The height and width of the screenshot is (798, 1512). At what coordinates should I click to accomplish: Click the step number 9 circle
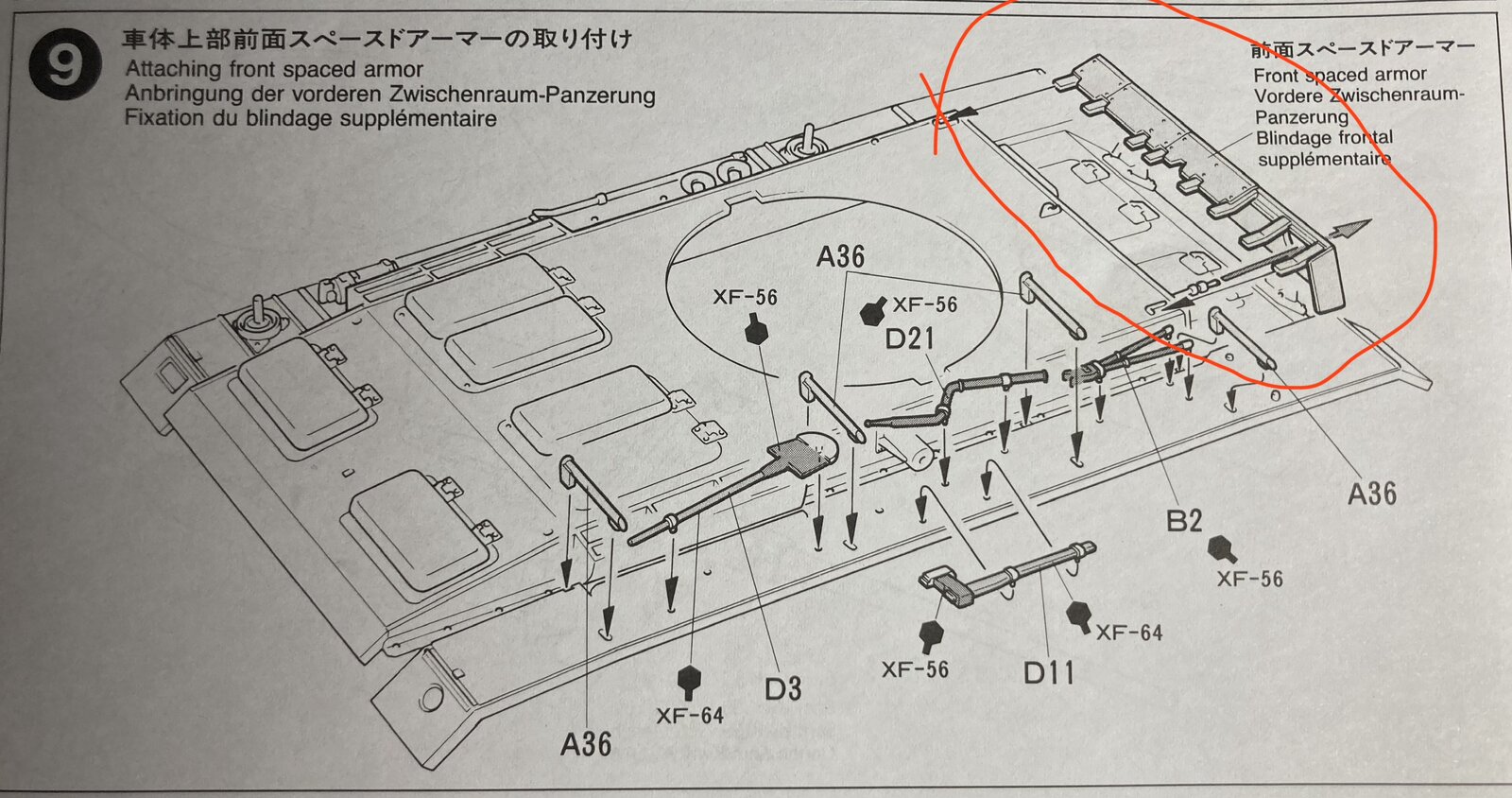(x=65, y=65)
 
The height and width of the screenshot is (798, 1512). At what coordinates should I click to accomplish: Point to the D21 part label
(x=909, y=338)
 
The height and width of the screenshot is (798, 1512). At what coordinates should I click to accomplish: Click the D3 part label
(x=783, y=688)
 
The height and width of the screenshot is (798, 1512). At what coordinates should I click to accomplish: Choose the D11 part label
(x=1048, y=672)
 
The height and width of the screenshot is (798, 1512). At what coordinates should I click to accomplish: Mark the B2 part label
(x=1184, y=521)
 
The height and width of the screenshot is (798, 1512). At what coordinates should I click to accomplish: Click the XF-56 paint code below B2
(x=1249, y=580)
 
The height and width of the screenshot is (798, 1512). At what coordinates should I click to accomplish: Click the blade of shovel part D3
(x=804, y=453)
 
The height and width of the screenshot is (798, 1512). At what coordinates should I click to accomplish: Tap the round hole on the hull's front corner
(x=431, y=699)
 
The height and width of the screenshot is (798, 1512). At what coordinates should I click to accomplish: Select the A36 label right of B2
(x=1371, y=494)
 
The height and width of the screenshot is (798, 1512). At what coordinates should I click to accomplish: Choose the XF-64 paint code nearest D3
(x=690, y=716)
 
